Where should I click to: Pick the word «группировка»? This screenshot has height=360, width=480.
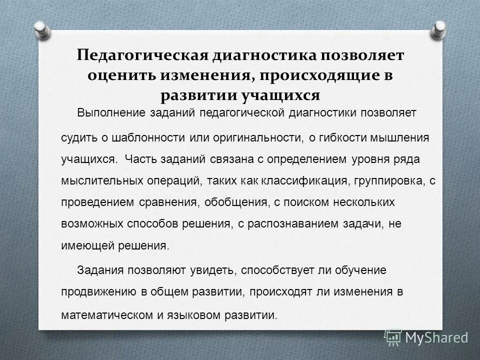click(x=381, y=181)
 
